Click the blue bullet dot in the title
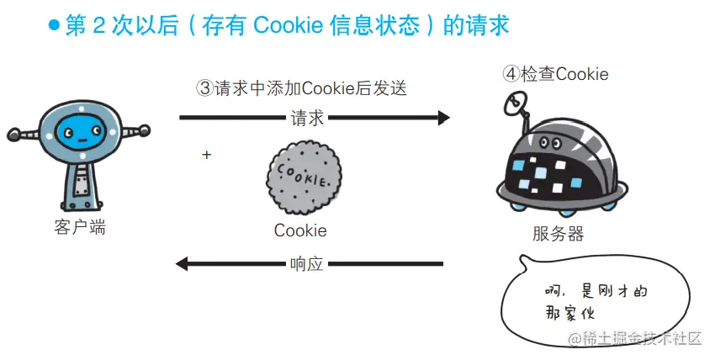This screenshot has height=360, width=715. tap(54, 26)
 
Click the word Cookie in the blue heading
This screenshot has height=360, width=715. tap(278, 26)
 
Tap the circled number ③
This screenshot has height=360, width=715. tap(204, 87)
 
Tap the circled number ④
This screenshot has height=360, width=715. tap(511, 74)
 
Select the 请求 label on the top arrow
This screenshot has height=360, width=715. tap(307, 118)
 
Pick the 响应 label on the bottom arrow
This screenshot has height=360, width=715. tap(306, 263)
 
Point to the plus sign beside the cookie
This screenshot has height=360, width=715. tap(206, 156)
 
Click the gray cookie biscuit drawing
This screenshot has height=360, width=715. tap(300, 176)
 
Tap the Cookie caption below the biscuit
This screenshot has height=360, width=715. tap(300, 230)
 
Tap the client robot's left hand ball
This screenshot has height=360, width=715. tap(13, 133)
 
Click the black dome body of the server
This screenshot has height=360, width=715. tap(559, 168)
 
